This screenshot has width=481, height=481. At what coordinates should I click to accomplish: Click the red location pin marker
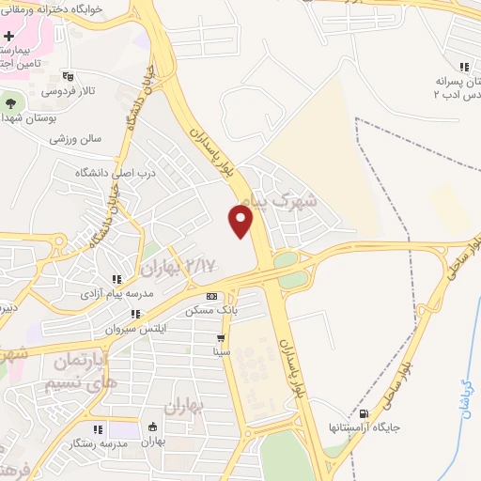pos(241,221)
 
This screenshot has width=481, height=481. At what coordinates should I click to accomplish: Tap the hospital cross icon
pos(8,35)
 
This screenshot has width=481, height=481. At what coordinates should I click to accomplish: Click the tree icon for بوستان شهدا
pos(11,101)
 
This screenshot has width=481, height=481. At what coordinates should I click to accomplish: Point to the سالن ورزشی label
pos(75,138)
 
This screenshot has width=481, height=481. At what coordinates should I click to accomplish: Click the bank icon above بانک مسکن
pos(210,295)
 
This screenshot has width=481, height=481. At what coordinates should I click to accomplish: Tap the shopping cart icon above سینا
pos(221,338)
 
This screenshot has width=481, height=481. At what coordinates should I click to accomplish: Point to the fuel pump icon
pos(364,413)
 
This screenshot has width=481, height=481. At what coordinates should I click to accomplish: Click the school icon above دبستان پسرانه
pos(464,67)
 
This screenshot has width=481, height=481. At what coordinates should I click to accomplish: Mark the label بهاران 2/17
pos(176,267)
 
